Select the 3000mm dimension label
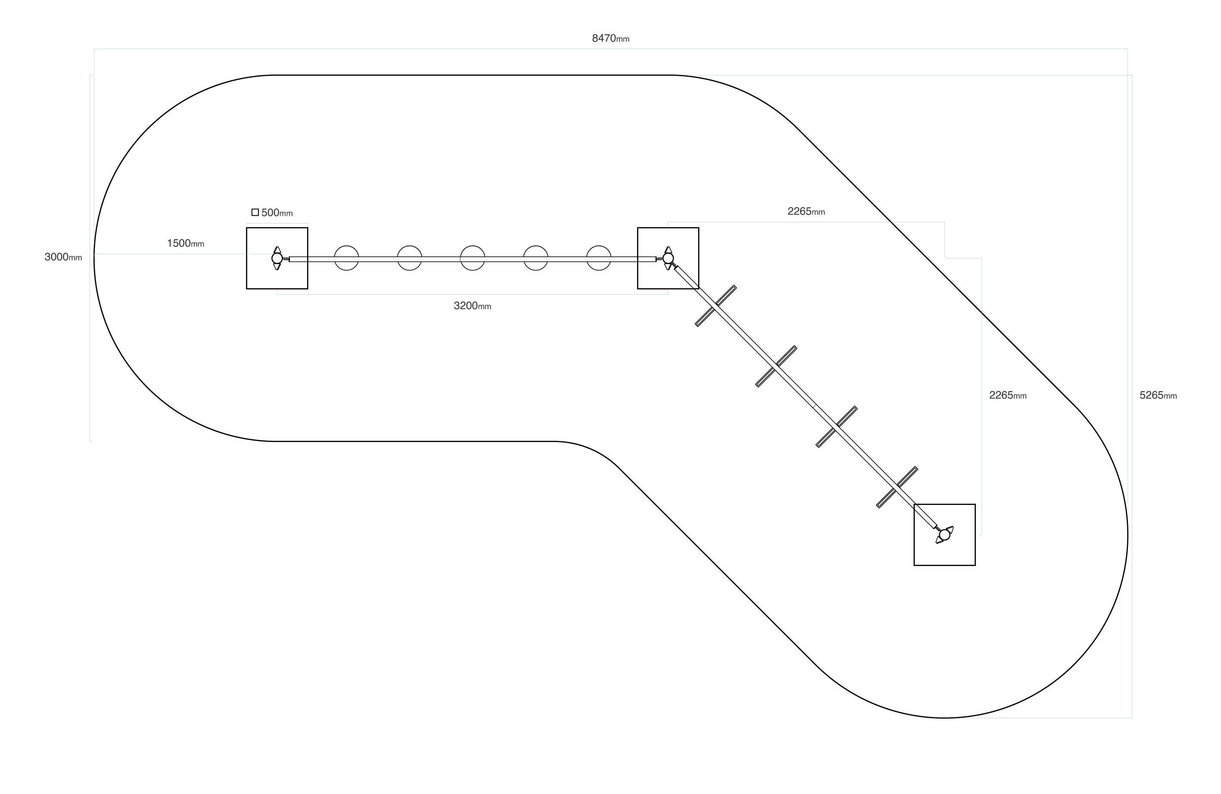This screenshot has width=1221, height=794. point(63,257)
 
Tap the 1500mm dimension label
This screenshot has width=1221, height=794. point(185,243)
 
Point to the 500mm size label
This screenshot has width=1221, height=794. point(277,212)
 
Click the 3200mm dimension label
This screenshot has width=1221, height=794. point(472,306)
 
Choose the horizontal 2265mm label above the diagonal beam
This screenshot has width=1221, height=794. point(806,211)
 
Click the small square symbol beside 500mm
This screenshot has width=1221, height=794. point(255,212)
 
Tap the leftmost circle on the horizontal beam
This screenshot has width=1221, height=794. point(346,258)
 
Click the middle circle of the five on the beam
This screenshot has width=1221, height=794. point(472,258)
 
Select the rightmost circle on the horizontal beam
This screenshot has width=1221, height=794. point(599,258)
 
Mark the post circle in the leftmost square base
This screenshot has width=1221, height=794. point(277,258)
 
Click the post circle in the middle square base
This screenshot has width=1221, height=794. point(668,258)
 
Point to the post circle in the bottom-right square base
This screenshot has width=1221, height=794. point(944,535)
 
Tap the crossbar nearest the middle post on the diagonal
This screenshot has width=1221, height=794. point(716,306)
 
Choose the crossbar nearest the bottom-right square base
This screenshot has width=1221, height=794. point(897,487)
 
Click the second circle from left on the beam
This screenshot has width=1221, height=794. point(410,258)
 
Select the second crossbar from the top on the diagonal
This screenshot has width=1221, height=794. point(776,367)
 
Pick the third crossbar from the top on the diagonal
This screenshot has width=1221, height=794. point(836,427)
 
